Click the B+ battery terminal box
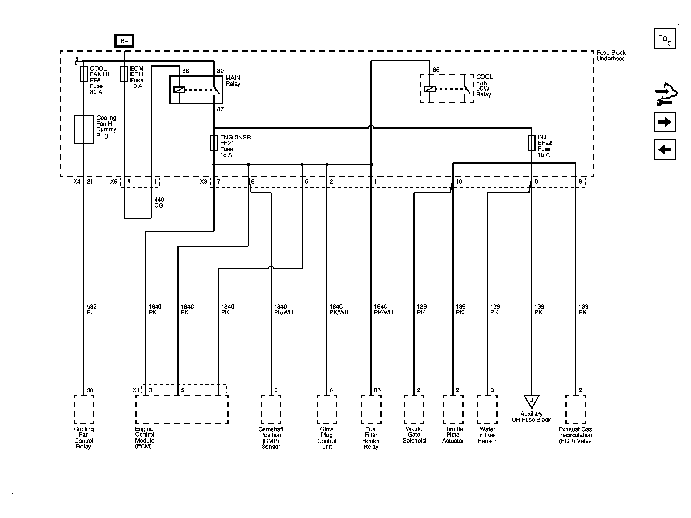(124, 41)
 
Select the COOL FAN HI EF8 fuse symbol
(84, 74)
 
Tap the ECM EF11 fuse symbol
(124, 74)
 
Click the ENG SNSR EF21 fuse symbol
(214, 143)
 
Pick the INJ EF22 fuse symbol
(531, 143)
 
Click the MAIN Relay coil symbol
(179, 90)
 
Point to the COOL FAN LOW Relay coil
(430, 89)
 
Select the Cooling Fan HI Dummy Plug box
(84, 130)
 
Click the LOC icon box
(665, 38)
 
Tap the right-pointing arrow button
(665, 122)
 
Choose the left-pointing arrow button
(665, 150)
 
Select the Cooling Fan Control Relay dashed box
(84, 409)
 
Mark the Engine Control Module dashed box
(182, 409)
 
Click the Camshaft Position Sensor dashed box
(271, 409)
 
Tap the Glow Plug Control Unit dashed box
(326, 409)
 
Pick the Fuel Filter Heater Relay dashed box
(371, 409)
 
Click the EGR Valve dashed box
(576, 409)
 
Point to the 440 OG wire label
(159, 203)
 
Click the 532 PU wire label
(91, 309)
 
